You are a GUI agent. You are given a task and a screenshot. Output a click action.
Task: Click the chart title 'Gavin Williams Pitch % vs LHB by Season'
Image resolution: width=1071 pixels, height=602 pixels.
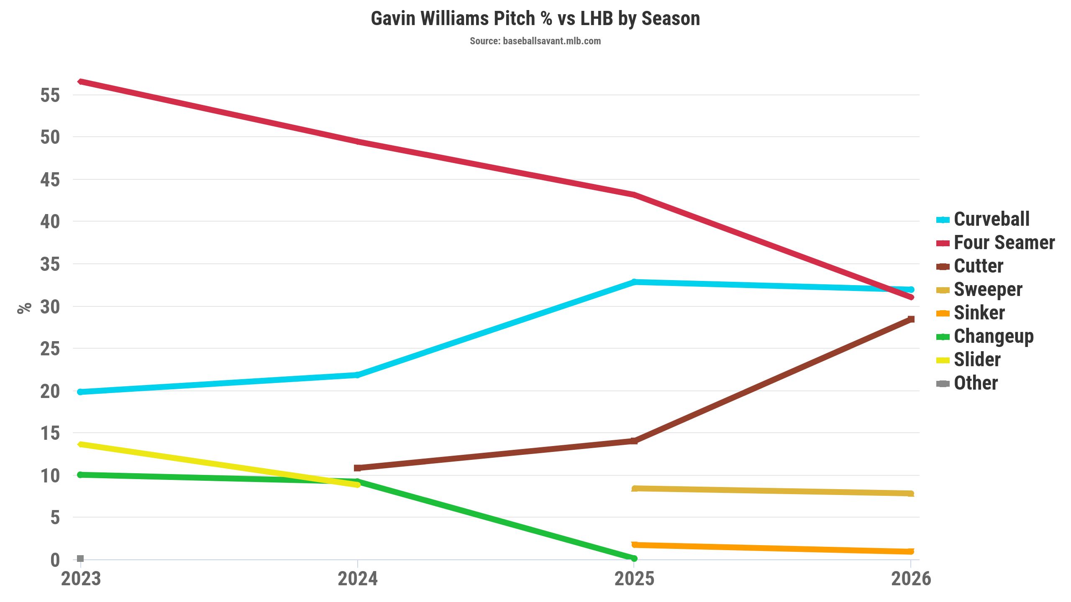[x=535, y=19]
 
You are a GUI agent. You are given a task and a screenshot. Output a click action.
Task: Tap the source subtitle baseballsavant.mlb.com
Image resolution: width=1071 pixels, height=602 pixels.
[x=535, y=41]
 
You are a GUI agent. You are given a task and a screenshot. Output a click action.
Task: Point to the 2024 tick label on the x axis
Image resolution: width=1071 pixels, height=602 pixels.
[x=357, y=579]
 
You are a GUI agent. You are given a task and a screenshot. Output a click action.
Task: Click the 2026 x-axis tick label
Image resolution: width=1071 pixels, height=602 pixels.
[x=911, y=579]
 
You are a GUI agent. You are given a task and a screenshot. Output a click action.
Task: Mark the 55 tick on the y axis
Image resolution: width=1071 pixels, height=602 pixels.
[x=50, y=95]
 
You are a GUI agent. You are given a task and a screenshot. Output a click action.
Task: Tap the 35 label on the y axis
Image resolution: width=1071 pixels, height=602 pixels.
[x=50, y=264]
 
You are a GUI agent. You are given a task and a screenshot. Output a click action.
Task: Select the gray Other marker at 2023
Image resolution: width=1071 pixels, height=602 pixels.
[x=81, y=559]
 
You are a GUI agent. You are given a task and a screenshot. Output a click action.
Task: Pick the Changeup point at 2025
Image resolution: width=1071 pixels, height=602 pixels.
[x=634, y=558]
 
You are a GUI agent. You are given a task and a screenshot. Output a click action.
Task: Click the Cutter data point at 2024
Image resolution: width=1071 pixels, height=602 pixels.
[x=357, y=468]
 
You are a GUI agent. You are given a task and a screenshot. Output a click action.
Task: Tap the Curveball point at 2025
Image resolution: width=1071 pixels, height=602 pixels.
[x=634, y=282]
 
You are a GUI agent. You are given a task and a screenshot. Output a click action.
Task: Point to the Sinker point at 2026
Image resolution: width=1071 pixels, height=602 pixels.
[x=910, y=551]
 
